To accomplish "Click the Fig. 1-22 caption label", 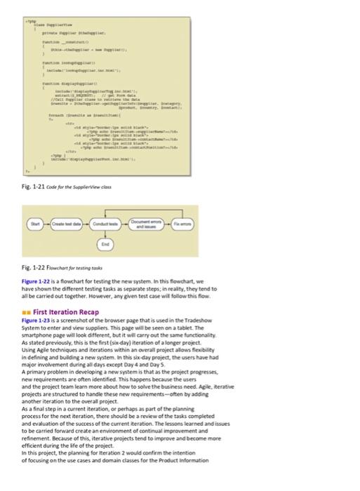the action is (32, 269).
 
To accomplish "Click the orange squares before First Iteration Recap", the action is (27, 312).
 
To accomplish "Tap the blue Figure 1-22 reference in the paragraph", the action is (37, 281).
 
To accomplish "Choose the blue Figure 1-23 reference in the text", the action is (37, 321).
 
